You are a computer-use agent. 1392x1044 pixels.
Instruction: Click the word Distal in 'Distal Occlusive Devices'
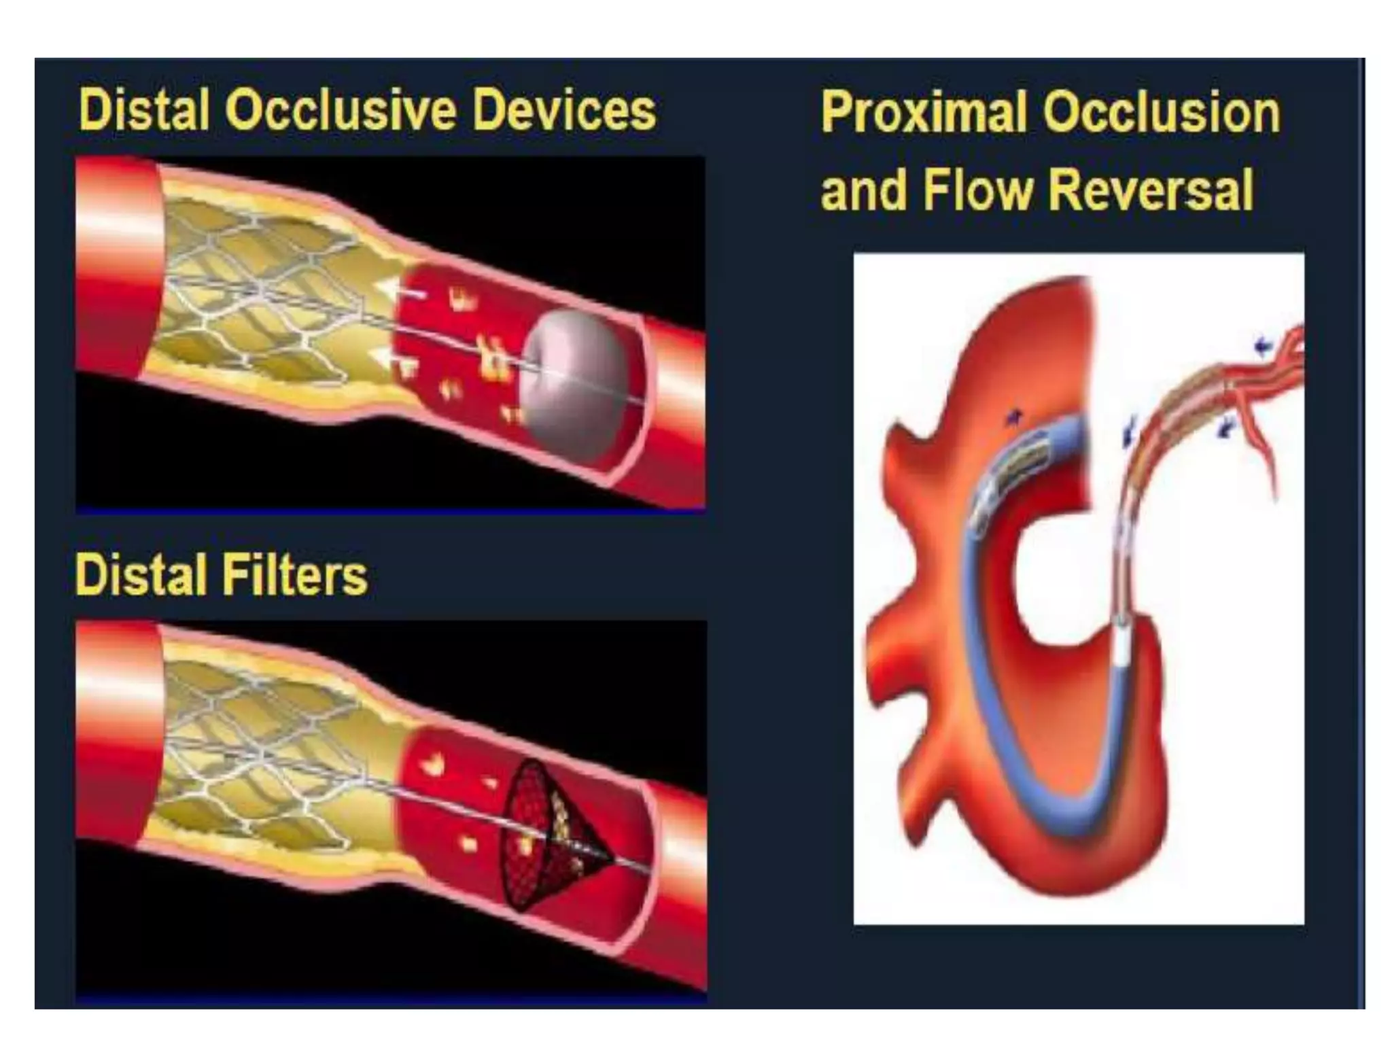143,110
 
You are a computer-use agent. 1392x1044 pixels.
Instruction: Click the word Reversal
1151,190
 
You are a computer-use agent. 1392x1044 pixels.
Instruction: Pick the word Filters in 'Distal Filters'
296,575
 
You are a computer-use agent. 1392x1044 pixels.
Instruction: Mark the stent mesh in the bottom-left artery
265,748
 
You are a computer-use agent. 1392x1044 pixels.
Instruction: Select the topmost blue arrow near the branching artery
1263,347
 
